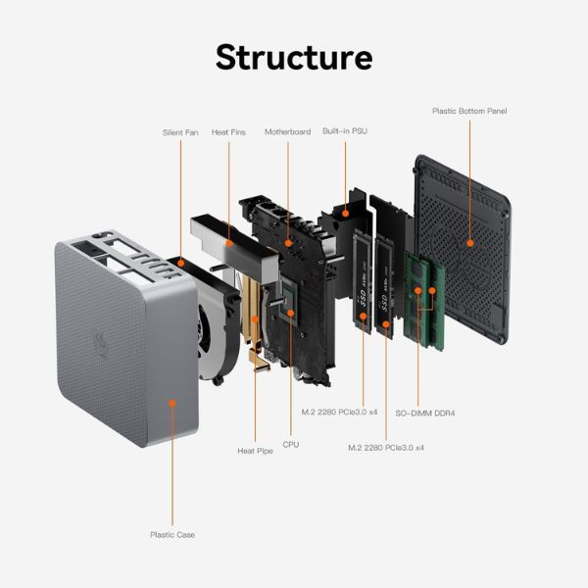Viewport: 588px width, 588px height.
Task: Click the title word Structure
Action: [293, 56]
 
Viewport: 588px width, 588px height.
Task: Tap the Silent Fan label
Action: [180, 131]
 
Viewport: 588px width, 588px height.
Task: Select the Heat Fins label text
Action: [228, 131]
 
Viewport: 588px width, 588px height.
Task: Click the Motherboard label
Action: [287, 131]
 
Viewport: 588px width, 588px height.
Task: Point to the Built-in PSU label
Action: [345, 131]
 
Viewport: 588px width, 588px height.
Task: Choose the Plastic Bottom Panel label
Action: [469, 111]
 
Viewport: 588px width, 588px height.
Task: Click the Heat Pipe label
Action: [255, 451]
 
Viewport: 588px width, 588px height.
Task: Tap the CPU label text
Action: [290, 444]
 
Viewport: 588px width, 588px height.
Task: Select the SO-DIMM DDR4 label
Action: [425, 413]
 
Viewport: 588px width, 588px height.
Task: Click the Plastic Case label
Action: [171, 534]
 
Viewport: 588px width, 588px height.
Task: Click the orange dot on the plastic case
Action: [172, 403]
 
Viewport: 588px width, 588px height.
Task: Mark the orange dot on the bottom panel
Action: [469, 241]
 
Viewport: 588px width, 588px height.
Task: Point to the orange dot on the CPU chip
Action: [290, 313]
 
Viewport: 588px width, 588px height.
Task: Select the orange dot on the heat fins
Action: [228, 241]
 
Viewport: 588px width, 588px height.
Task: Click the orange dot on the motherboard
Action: [287, 241]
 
